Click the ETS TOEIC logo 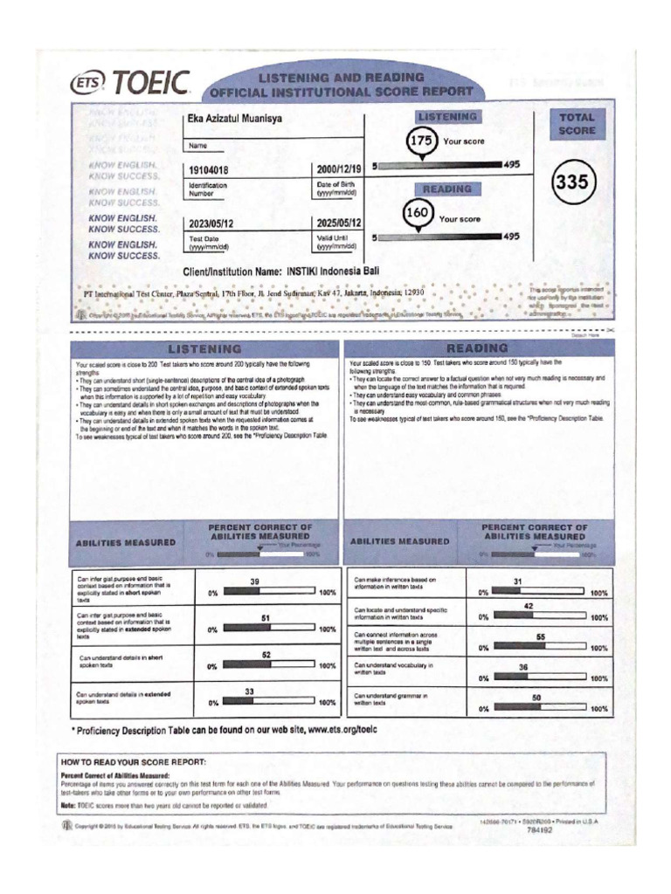(x=131, y=84)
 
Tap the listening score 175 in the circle (x=422, y=140)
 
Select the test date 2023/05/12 (x=211, y=223)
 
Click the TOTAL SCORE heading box (x=578, y=123)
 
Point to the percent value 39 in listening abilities (x=255, y=581)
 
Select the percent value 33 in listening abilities (x=249, y=691)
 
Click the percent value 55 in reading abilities (x=541, y=636)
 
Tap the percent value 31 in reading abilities (x=517, y=581)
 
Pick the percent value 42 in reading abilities (x=529, y=606)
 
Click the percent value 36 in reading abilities (x=523, y=666)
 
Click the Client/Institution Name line (x=280, y=272)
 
